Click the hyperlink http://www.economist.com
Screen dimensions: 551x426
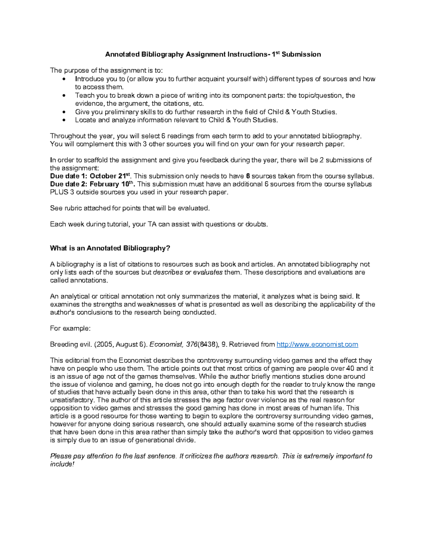(x=317, y=344)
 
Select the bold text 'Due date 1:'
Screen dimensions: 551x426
(x=69, y=176)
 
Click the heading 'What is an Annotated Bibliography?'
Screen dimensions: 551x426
(x=110, y=248)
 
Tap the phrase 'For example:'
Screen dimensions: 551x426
(x=70, y=328)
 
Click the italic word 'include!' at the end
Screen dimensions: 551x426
(x=62, y=464)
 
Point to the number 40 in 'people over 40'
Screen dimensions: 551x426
(x=350, y=368)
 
